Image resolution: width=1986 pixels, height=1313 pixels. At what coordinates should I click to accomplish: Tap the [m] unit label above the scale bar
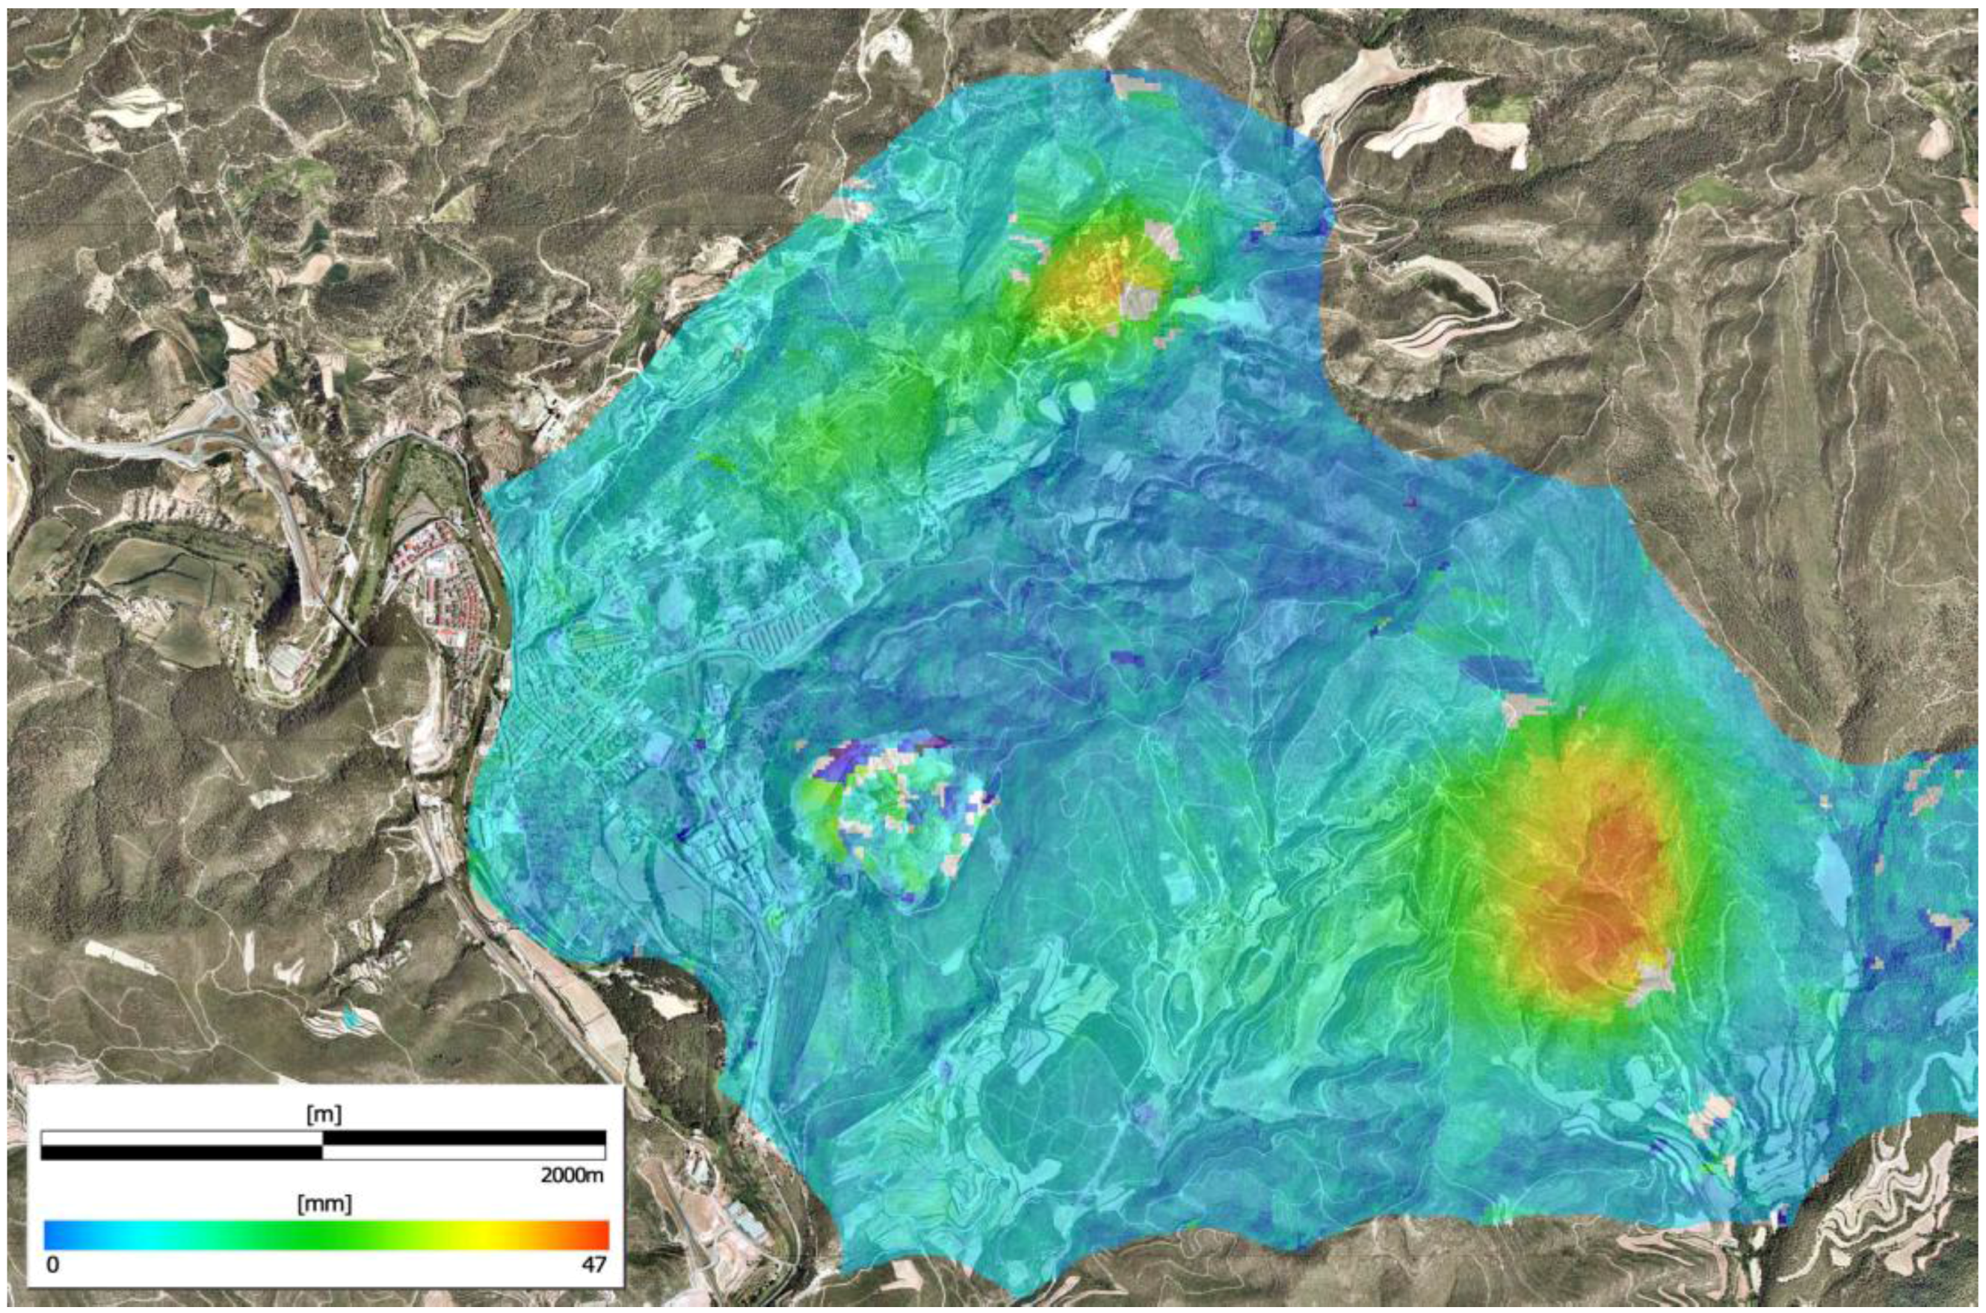pyautogui.click(x=323, y=1115)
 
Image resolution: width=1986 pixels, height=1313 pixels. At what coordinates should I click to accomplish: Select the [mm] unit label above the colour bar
pyautogui.click(x=323, y=1205)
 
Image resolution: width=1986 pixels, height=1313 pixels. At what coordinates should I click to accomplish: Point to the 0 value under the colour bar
pyautogui.click(x=52, y=1264)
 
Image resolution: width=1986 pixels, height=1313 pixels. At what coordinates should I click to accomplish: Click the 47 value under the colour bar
pyautogui.click(x=593, y=1264)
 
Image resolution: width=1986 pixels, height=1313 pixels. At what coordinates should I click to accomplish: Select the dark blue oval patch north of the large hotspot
pyautogui.click(x=1502, y=674)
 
